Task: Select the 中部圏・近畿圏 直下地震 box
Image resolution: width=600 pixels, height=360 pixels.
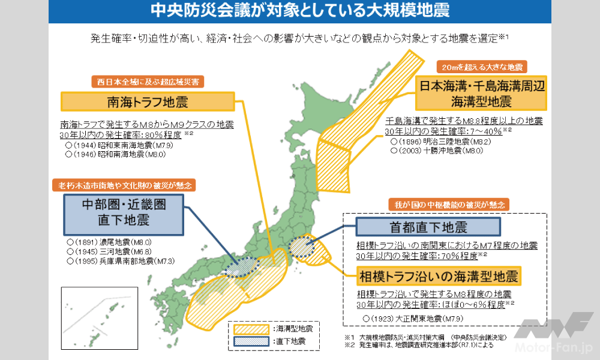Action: (123, 213)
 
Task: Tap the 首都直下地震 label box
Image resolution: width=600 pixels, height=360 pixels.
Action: (427, 227)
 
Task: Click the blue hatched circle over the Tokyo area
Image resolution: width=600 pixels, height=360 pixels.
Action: (301, 247)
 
